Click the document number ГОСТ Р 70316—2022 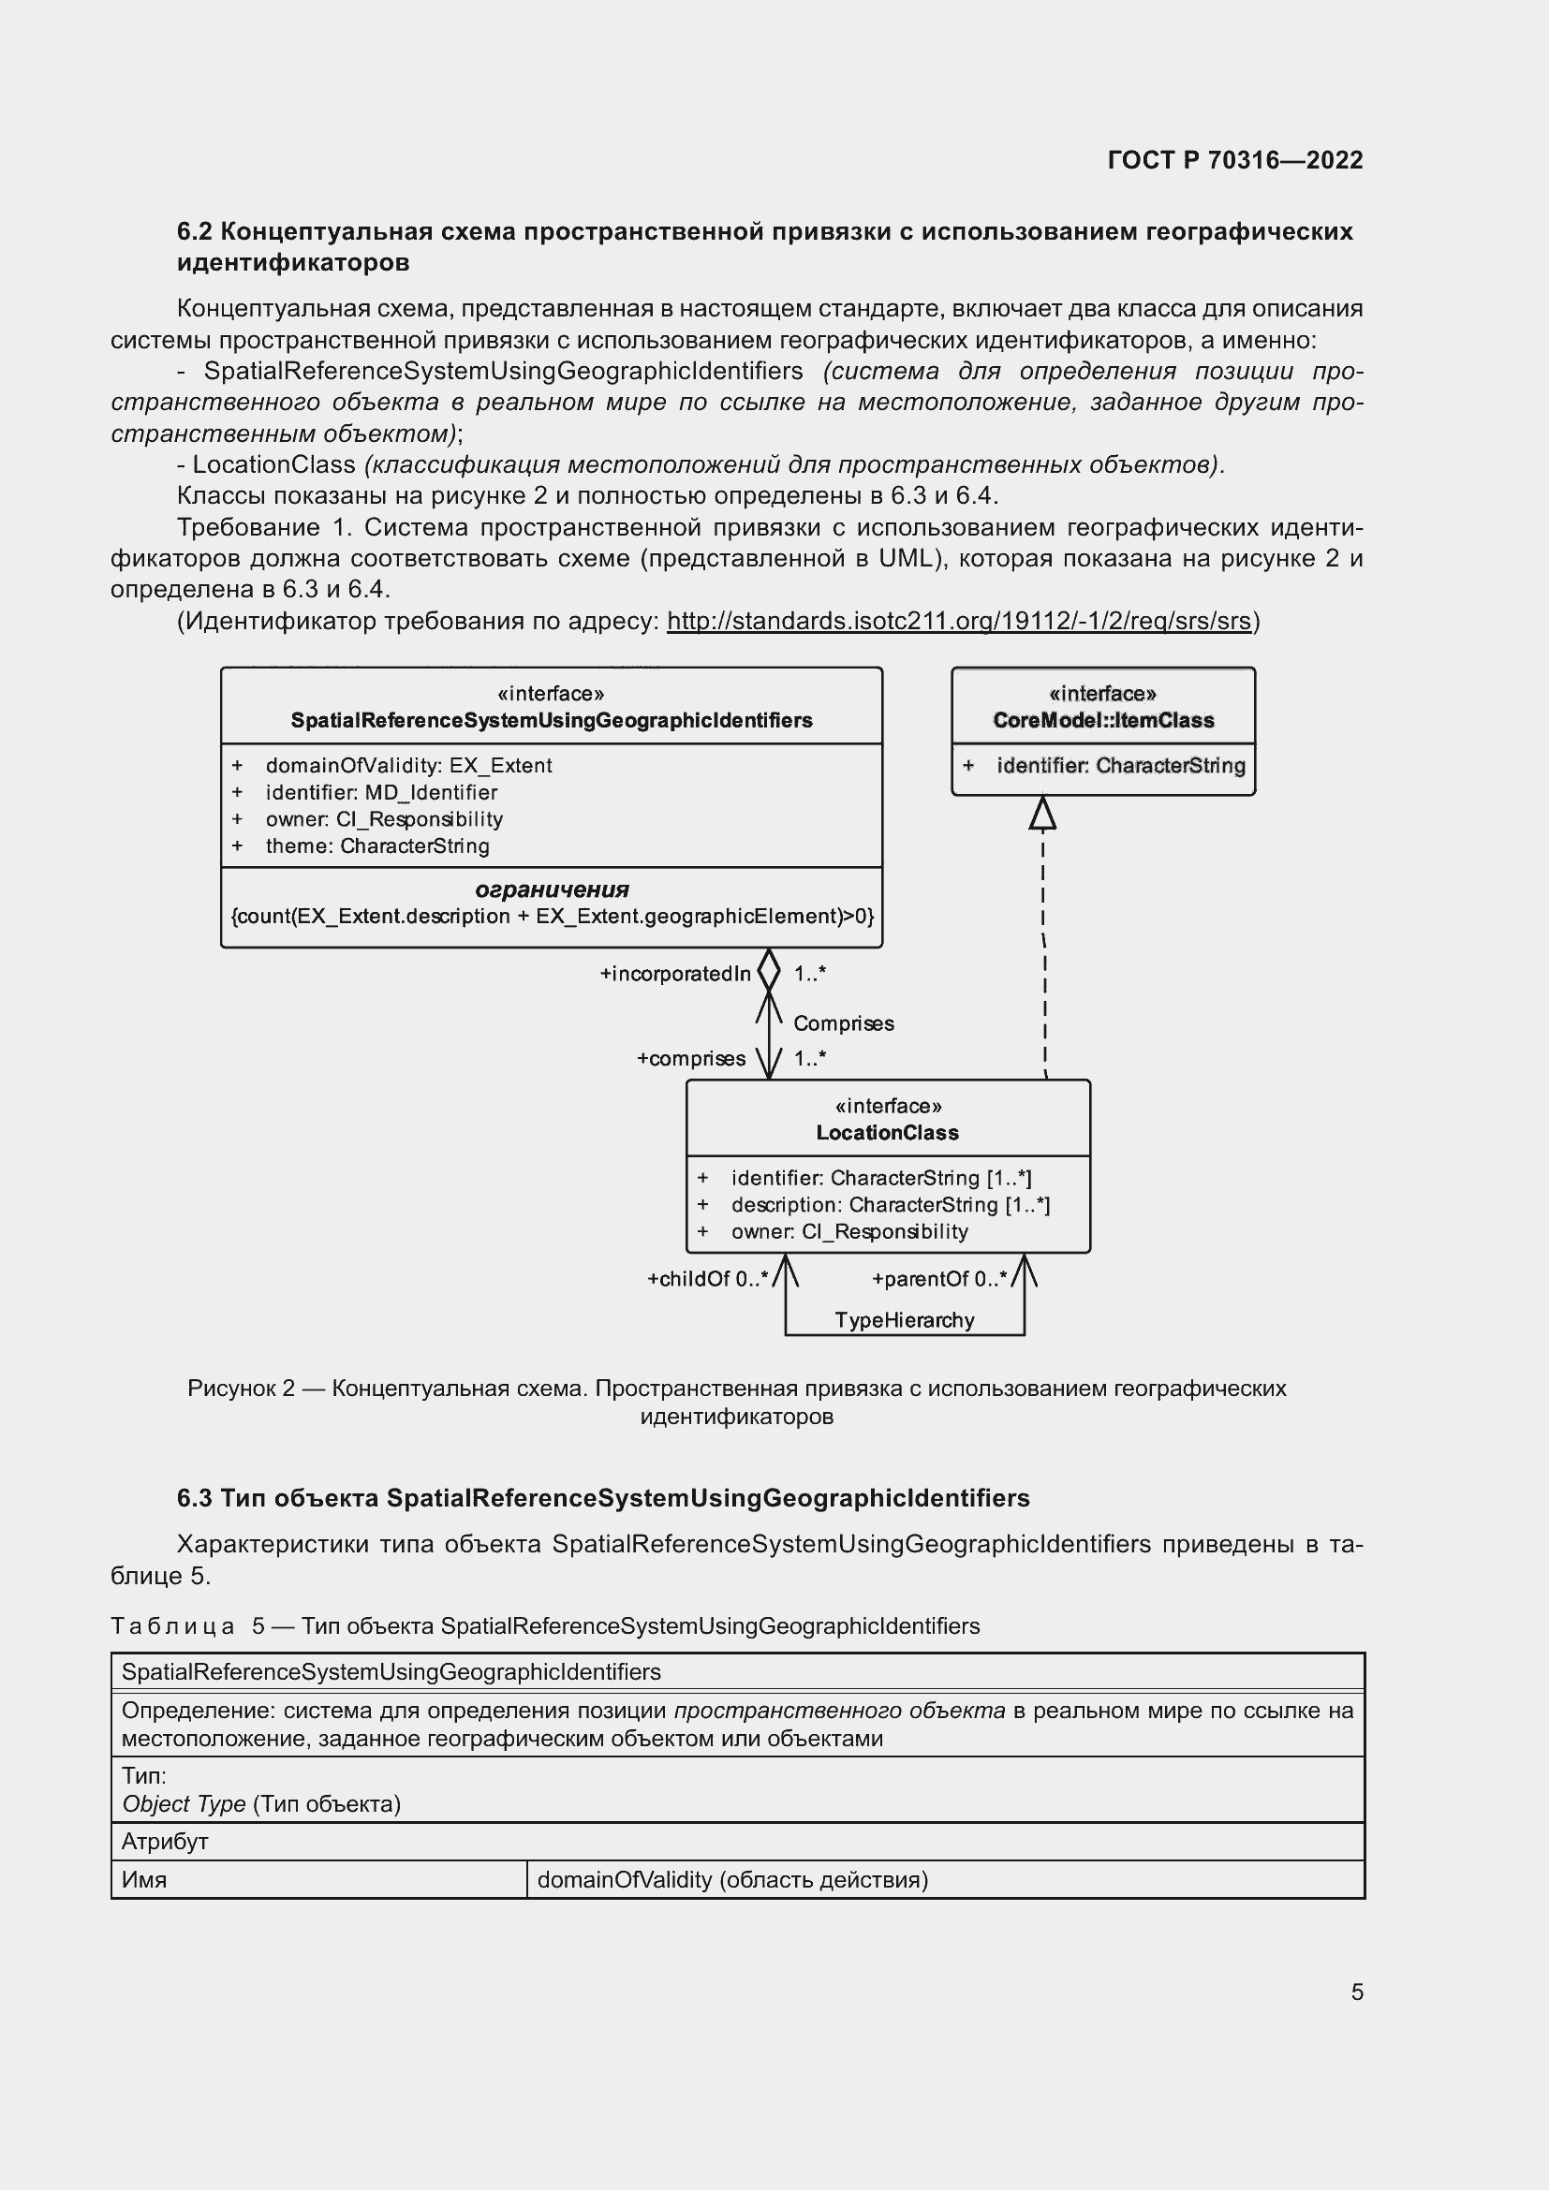tap(1234, 159)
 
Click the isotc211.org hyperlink tap(958, 621)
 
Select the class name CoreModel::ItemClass tap(1102, 720)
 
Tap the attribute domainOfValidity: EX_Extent tap(408, 765)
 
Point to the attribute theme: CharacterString tap(376, 845)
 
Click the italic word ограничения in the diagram tap(552, 889)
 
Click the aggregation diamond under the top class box tap(769, 970)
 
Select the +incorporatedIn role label tap(674, 974)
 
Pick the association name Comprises tap(843, 1023)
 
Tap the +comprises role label tap(690, 1059)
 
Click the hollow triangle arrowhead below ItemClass tap(1042, 813)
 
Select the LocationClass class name tap(887, 1132)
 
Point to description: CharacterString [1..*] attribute tap(890, 1205)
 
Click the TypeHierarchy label tap(905, 1320)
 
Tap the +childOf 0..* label tap(707, 1279)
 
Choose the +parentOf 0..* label tap(938, 1279)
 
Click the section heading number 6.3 tap(194, 1497)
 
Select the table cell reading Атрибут tap(165, 1841)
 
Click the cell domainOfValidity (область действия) tap(731, 1879)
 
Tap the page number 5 tap(1356, 1992)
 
